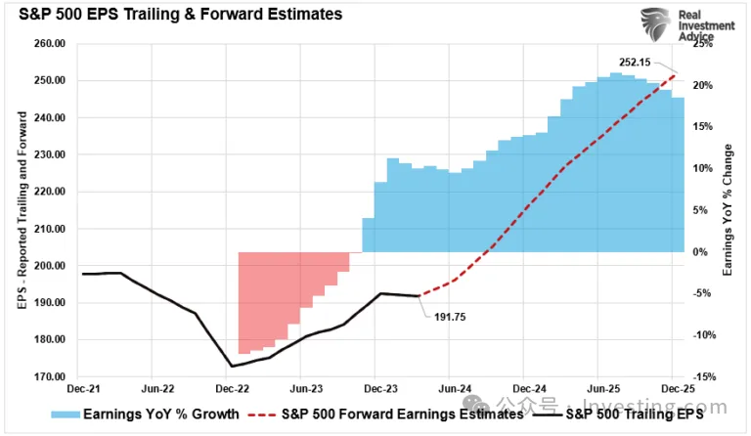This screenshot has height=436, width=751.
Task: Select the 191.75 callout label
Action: [x=445, y=316]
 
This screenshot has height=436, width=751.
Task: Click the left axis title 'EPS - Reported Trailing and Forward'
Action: [x=22, y=210]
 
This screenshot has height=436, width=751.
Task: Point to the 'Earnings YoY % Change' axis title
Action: [x=728, y=210]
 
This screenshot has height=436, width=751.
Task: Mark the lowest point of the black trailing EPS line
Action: [x=231, y=367]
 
